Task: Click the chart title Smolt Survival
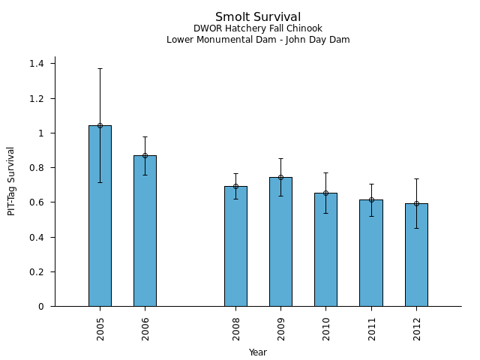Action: [258, 17]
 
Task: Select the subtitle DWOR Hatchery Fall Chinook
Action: [258, 28]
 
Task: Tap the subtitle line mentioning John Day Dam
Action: [258, 40]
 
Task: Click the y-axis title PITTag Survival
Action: [11, 181]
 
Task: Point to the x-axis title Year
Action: [258, 352]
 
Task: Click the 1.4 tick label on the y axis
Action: [36, 64]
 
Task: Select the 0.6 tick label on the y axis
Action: [36, 202]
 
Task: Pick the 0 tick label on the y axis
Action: [42, 307]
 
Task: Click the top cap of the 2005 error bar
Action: [100, 68]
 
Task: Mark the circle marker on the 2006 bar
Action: [145, 155]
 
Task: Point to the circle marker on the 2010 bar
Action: [325, 193]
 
